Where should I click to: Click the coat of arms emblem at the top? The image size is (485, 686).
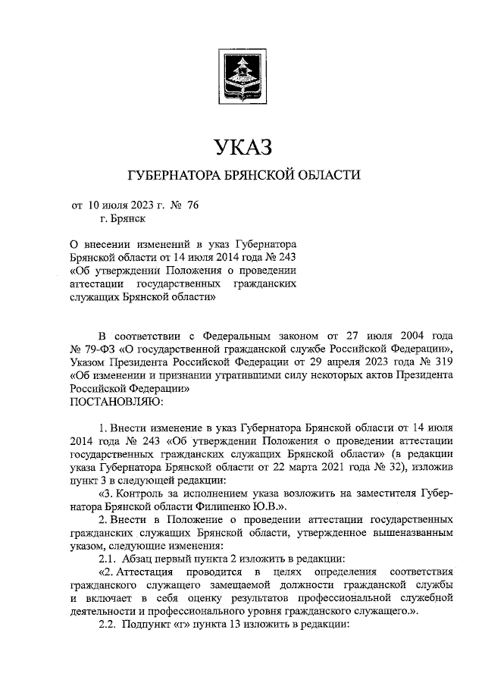242,80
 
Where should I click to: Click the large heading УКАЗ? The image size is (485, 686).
242,145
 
